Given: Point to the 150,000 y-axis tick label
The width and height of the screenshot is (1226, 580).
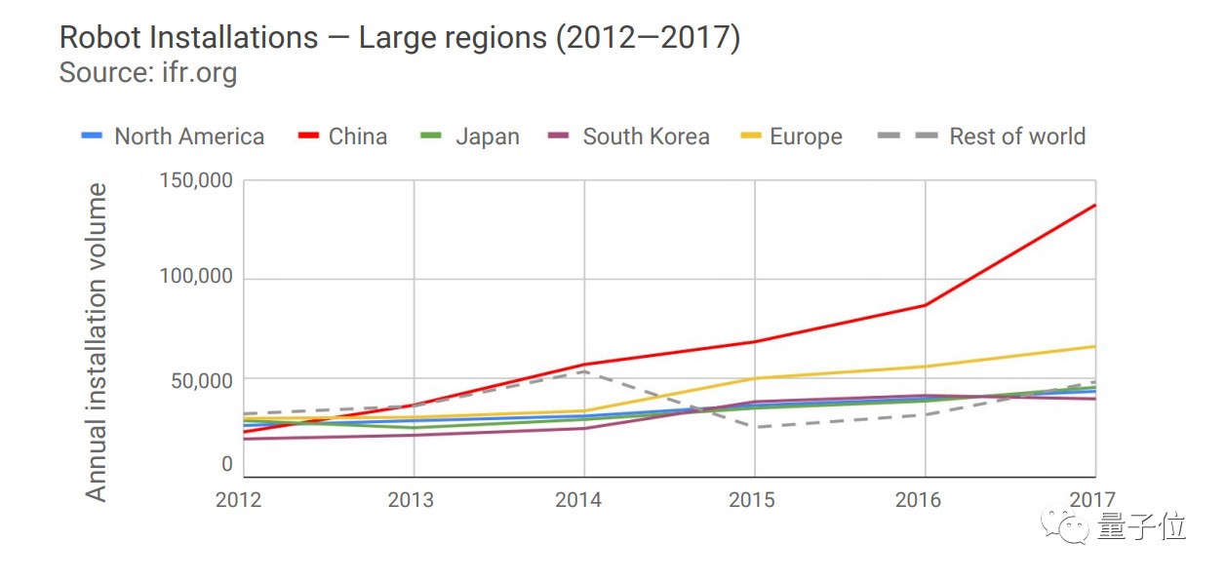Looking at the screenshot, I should pos(195,181).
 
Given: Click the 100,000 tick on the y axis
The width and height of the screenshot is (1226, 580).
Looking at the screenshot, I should pos(195,277).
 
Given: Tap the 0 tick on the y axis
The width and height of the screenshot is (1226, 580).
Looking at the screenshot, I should pos(226,465).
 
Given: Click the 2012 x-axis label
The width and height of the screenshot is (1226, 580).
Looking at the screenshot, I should pos(239,500).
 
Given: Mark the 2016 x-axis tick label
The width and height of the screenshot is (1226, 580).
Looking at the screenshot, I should pos(918,500).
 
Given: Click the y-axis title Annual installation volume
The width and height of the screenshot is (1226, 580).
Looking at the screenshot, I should pos(96,341).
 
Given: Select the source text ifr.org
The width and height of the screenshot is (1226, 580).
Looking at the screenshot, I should pos(199,72).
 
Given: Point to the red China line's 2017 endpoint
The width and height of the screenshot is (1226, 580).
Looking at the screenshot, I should pos(1095,205).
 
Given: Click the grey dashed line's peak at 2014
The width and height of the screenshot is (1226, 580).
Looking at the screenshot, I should pos(584,371).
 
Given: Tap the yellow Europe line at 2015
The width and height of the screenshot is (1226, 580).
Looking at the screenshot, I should pos(755,378).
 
